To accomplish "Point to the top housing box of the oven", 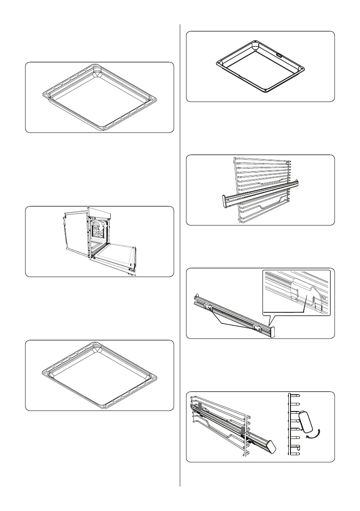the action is pyautogui.click(x=100, y=212).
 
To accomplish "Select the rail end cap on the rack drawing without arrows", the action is pyautogui.click(x=224, y=201).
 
